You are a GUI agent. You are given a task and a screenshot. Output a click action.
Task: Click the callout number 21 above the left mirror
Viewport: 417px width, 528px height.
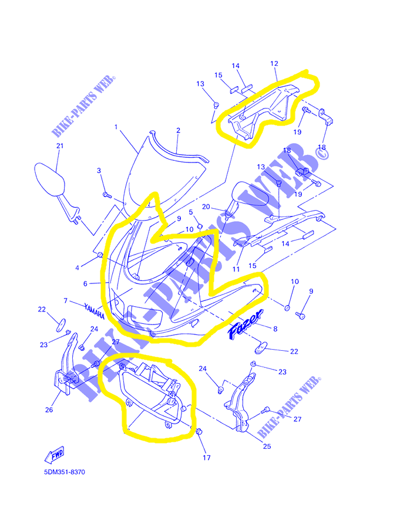(x=60, y=146)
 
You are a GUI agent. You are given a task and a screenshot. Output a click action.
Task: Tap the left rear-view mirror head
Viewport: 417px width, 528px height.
(x=49, y=179)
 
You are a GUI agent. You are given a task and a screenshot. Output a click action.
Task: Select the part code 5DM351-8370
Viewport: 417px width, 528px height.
(x=65, y=472)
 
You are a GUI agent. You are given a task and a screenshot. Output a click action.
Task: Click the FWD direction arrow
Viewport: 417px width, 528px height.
(x=54, y=455)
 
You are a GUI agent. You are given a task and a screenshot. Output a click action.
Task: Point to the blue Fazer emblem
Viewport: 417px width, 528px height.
(x=246, y=324)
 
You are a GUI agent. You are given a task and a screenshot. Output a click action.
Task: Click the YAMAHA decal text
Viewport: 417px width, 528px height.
(x=94, y=312)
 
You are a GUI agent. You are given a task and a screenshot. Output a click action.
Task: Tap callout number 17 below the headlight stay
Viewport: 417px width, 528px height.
(x=207, y=458)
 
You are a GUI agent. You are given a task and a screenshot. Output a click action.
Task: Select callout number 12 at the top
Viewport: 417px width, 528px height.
(x=274, y=63)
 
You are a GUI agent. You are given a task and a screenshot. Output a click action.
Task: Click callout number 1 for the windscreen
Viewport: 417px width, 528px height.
(x=116, y=127)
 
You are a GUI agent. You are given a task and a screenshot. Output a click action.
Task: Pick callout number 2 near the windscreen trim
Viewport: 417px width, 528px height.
(x=178, y=130)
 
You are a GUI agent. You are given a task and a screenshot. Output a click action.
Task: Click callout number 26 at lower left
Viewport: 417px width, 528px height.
(x=49, y=410)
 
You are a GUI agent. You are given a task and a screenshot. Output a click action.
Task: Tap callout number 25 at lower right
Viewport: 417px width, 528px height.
(x=267, y=446)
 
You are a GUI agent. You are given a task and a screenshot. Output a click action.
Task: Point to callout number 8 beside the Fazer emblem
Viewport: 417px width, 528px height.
(x=275, y=329)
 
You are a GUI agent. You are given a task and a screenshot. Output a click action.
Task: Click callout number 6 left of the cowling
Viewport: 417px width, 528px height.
(x=85, y=284)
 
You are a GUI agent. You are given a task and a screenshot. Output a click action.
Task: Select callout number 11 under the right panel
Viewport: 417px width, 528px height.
(x=236, y=269)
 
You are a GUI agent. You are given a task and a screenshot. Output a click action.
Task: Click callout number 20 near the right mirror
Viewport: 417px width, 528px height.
(x=206, y=207)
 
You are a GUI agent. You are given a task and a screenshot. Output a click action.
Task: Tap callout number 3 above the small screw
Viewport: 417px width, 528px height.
(x=99, y=171)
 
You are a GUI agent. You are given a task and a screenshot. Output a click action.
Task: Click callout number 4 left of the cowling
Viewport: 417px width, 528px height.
(x=77, y=268)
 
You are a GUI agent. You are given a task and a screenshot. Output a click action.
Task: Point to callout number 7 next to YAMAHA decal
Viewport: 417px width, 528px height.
(x=66, y=300)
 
